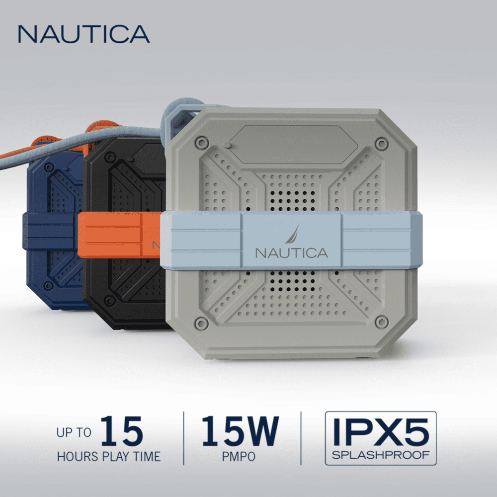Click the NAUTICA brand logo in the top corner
pos(83,34)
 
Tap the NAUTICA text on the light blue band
pos(292,252)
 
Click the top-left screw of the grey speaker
pos(201,143)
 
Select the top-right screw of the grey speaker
pos(381,145)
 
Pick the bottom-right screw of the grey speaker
pos(382,322)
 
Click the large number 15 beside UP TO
pos(121,431)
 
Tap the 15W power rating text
pos(241,431)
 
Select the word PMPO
pos(240,456)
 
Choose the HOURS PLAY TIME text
pos(108,456)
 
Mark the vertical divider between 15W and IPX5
pos(301,438)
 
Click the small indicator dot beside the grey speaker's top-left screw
pos(227,146)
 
